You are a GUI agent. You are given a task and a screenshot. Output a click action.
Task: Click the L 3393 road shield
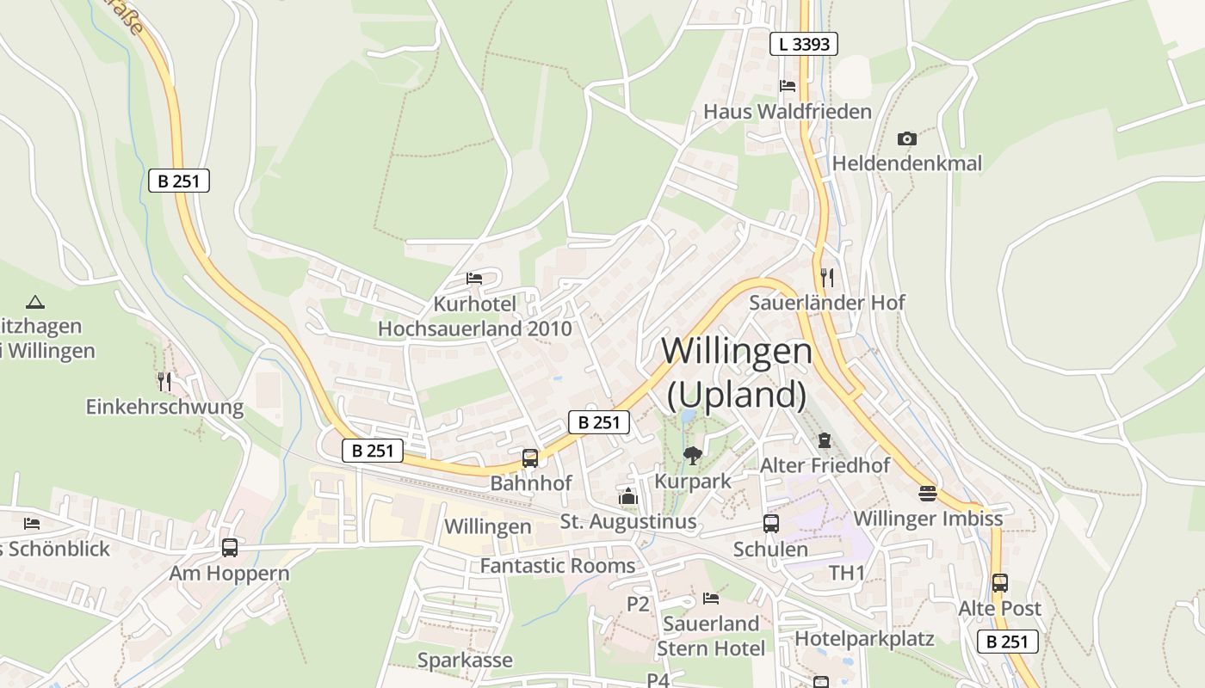804,44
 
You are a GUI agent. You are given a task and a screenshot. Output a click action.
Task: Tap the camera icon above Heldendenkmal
906,138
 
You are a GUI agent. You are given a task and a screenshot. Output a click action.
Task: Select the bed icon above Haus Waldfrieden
787,86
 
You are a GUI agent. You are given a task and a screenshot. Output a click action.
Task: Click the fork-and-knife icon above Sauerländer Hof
826,277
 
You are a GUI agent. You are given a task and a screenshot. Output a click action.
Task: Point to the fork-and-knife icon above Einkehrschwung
164,381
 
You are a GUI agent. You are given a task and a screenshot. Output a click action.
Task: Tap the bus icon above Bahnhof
530,458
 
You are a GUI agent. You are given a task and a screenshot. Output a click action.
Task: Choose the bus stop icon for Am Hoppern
230,548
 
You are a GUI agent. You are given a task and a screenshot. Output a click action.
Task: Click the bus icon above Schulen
771,524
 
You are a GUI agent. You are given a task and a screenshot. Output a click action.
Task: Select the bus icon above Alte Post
999,583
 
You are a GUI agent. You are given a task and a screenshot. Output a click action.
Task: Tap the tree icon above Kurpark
692,456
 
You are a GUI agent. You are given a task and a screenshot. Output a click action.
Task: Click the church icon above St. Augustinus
628,496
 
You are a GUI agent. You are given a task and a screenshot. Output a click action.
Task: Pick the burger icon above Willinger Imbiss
927,494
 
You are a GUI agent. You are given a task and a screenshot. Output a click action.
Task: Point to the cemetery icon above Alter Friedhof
825,440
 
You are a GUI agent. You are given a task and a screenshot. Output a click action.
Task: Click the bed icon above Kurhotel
474,279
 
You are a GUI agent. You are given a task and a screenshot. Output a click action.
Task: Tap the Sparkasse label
465,660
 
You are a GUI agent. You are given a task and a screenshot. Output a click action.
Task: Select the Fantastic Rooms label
557,566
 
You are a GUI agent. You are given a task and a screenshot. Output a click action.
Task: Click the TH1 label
847,573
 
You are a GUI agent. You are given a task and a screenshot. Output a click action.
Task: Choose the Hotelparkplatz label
864,638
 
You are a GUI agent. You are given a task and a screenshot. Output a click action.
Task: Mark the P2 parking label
638,604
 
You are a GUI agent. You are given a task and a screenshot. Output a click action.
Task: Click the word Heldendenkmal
906,163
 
